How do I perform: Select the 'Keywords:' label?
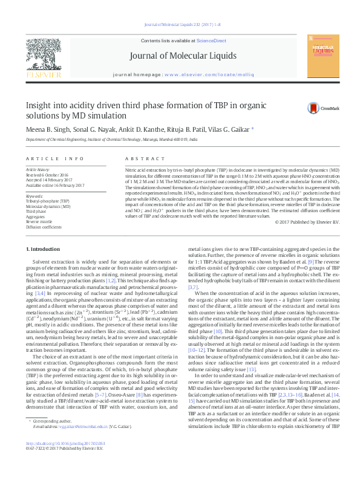34,196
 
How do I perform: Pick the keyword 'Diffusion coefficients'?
44,227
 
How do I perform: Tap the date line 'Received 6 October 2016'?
48,175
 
